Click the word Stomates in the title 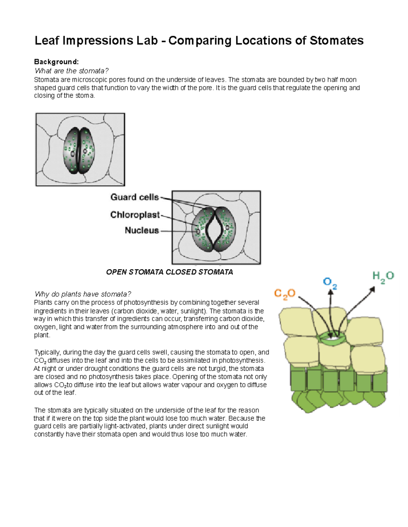point(336,41)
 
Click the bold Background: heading point(56,62)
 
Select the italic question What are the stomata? point(71,71)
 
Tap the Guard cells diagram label point(135,197)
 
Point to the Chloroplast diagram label point(135,215)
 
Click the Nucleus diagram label point(142,230)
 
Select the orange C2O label point(285,294)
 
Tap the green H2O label point(383,277)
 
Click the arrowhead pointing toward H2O point(373,289)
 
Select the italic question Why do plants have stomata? point(83,294)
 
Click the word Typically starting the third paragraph point(47,352)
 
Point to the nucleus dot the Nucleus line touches point(198,231)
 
